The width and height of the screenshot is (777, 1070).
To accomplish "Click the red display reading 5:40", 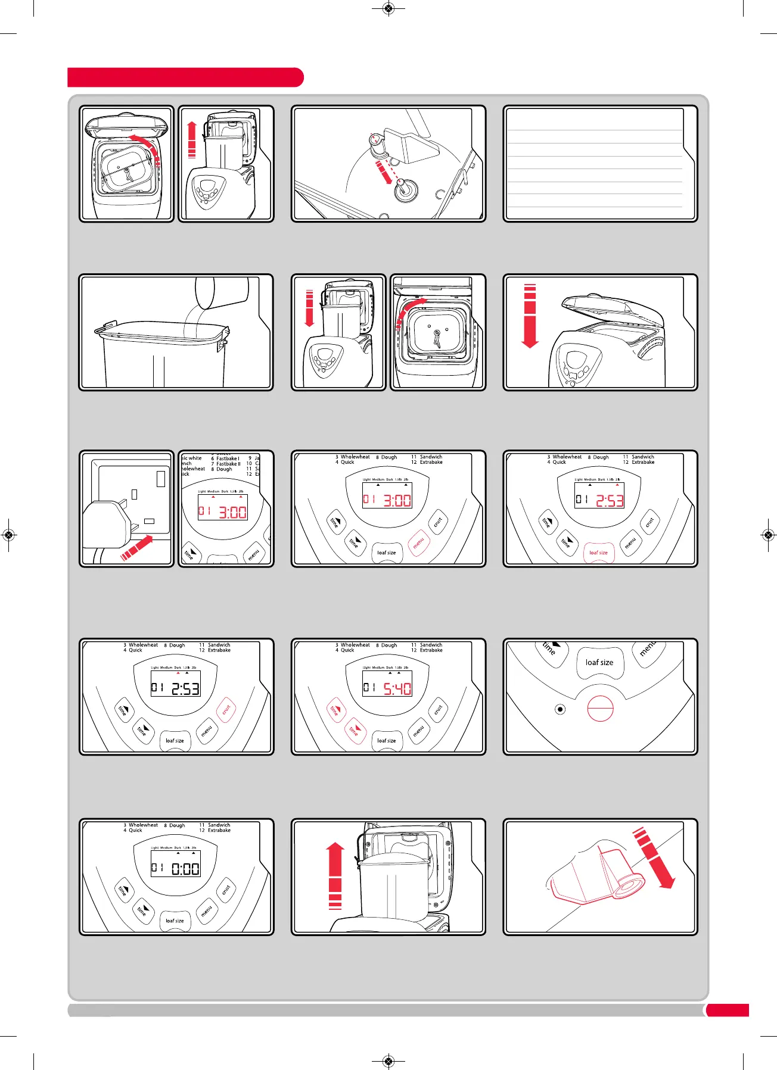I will [x=397, y=688].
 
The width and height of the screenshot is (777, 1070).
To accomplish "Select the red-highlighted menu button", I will [x=418, y=542].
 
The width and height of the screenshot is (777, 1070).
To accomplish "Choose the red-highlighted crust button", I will [x=226, y=710].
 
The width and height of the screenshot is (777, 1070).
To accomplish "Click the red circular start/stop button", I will [x=600, y=709].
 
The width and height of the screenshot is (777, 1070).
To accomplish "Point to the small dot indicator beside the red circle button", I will [x=560, y=709].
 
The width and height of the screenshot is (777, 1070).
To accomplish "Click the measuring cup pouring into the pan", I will [x=222, y=291].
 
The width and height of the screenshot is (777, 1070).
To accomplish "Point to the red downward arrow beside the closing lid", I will [x=530, y=316].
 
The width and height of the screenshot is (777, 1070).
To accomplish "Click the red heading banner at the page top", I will [x=185, y=77].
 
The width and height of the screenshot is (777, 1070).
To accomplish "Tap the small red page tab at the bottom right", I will [x=728, y=1010].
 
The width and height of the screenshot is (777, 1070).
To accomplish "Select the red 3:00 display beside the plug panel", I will [x=232, y=512].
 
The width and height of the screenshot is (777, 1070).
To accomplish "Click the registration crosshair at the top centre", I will [x=388, y=8].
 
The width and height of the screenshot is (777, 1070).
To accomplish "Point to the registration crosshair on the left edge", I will [x=8, y=535].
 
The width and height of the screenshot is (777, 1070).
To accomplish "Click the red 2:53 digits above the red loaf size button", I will [x=609, y=500].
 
